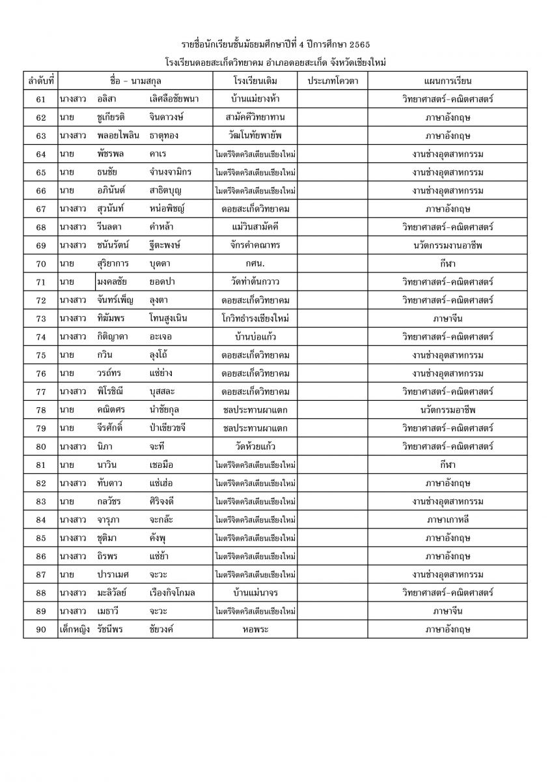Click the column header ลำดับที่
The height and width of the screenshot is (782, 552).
(40, 81)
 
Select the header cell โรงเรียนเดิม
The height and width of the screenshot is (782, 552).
(255, 81)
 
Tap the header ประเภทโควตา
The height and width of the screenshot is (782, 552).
(332, 81)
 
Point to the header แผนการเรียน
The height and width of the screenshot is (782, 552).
(447, 81)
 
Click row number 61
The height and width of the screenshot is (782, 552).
(40, 99)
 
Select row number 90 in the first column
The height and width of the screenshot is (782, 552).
(40, 630)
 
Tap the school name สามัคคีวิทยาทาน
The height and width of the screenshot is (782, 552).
(255, 117)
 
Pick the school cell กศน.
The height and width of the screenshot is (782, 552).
(255, 263)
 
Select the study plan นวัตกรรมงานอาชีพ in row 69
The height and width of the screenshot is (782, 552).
(447, 245)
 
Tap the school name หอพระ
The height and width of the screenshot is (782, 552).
(255, 630)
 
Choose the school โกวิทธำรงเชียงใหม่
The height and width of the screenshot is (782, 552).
(255, 319)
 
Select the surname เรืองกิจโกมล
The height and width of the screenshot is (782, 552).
(172, 593)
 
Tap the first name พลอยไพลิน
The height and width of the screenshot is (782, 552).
(118, 136)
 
